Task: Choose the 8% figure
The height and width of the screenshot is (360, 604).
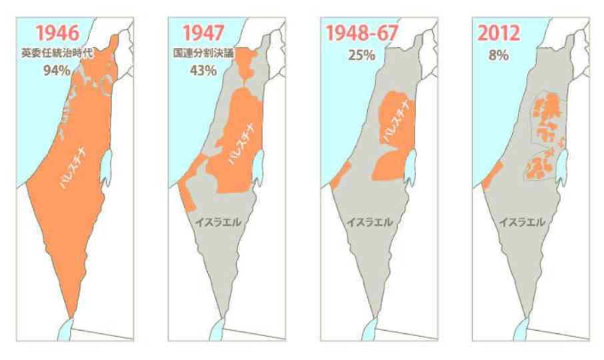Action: click(x=497, y=55)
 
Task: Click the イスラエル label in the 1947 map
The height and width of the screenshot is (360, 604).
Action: click(x=218, y=222)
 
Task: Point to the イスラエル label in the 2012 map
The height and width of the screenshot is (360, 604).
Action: click(x=522, y=222)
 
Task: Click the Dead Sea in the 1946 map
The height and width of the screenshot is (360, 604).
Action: click(x=106, y=167)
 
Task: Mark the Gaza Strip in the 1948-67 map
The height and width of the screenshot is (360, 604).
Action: click(x=339, y=175)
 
